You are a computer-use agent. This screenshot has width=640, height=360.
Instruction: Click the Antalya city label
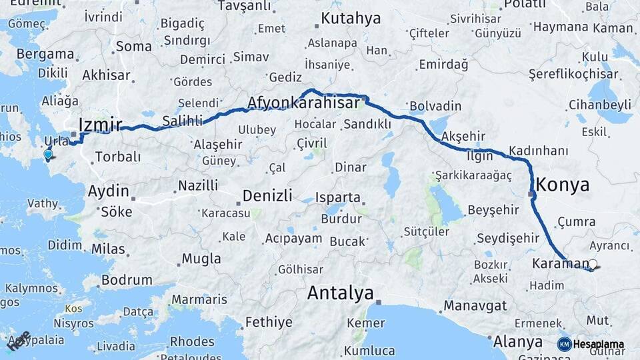339,293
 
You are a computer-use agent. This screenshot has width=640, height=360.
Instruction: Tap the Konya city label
563,184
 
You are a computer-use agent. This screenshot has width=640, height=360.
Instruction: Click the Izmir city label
100,124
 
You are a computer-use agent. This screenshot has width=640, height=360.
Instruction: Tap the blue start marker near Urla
48,155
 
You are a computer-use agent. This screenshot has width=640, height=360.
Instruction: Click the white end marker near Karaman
593,265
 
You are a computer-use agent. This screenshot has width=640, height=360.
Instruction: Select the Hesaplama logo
591,344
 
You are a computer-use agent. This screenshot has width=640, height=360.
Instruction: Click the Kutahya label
351,18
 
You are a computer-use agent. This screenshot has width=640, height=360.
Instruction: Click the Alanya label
518,341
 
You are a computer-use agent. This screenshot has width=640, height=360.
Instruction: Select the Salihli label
182,121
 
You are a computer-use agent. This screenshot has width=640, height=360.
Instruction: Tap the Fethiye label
269,322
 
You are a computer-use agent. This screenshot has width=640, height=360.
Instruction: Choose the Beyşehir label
493,209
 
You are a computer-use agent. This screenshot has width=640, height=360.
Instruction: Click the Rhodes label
191,341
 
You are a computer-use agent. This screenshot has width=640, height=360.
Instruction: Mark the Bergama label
45,54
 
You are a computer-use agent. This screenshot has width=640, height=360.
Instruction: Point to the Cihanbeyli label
600,105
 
